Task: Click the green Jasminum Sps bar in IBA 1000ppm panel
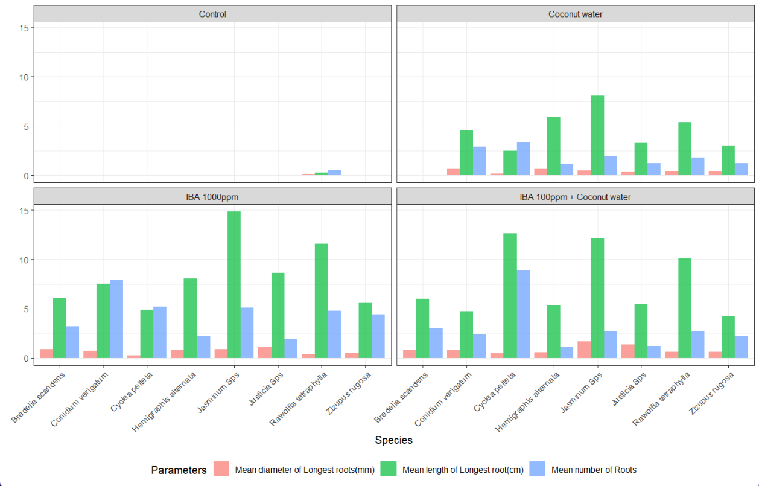(x=234, y=285)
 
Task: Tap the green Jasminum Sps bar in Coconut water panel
(x=597, y=136)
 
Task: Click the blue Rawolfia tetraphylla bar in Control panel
(x=334, y=173)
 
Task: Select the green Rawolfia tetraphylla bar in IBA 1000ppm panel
(x=321, y=301)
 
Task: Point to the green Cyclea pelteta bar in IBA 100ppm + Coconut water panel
(x=510, y=296)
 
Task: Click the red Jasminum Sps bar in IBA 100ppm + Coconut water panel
(x=584, y=350)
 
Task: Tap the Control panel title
(x=212, y=14)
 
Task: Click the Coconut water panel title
(x=575, y=14)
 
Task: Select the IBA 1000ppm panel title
(x=212, y=196)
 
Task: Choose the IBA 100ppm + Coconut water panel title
(x=575, y=196)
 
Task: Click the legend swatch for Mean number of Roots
(x=537, y=469)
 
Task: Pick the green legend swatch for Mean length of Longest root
(x=388, y=469)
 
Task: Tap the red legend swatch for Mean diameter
(x=221, y=469)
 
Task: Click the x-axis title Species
(x=393, y=440)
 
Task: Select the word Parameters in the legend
(x=179, y=470)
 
